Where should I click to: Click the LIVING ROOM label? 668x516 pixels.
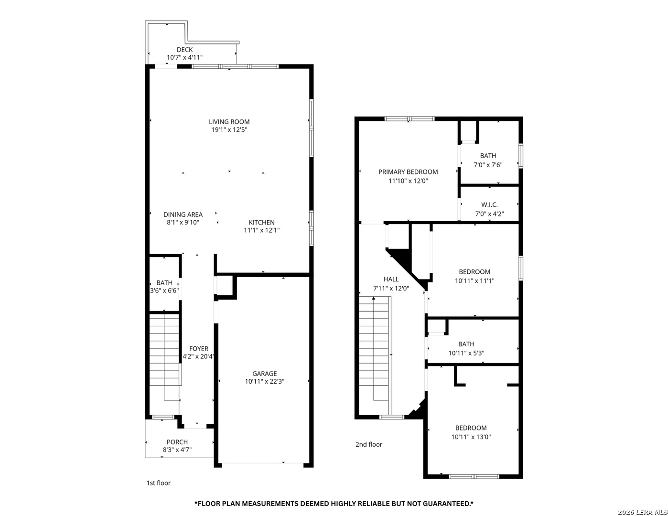pos(229,122)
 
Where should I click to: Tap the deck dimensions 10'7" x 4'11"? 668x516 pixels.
pos(185,57)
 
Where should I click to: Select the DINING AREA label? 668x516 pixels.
pos(183,215)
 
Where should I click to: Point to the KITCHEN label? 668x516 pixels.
pos(261,222)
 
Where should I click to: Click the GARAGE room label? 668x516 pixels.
pos(264,374)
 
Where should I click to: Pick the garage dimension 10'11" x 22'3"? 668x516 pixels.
pos(264,381)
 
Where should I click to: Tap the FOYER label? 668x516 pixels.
pos(199,348)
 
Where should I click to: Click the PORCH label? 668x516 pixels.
pos(177,442)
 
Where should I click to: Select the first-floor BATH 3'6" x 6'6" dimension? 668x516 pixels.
pos(164,291)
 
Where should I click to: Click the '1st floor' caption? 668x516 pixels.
pos(158,483)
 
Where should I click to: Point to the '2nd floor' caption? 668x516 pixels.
pos(368,444)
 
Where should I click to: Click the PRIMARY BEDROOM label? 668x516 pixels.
pos(408,172)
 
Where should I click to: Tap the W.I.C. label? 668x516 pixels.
pos(489,204)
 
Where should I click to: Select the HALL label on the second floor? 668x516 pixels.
pos(391,279)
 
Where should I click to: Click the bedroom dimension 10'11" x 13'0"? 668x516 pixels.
pos(471,437)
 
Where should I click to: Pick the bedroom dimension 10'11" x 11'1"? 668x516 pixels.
pos(474,280)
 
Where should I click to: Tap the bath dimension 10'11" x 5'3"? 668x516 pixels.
pos(466,353)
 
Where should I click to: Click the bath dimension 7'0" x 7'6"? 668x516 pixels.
pos(488,165)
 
